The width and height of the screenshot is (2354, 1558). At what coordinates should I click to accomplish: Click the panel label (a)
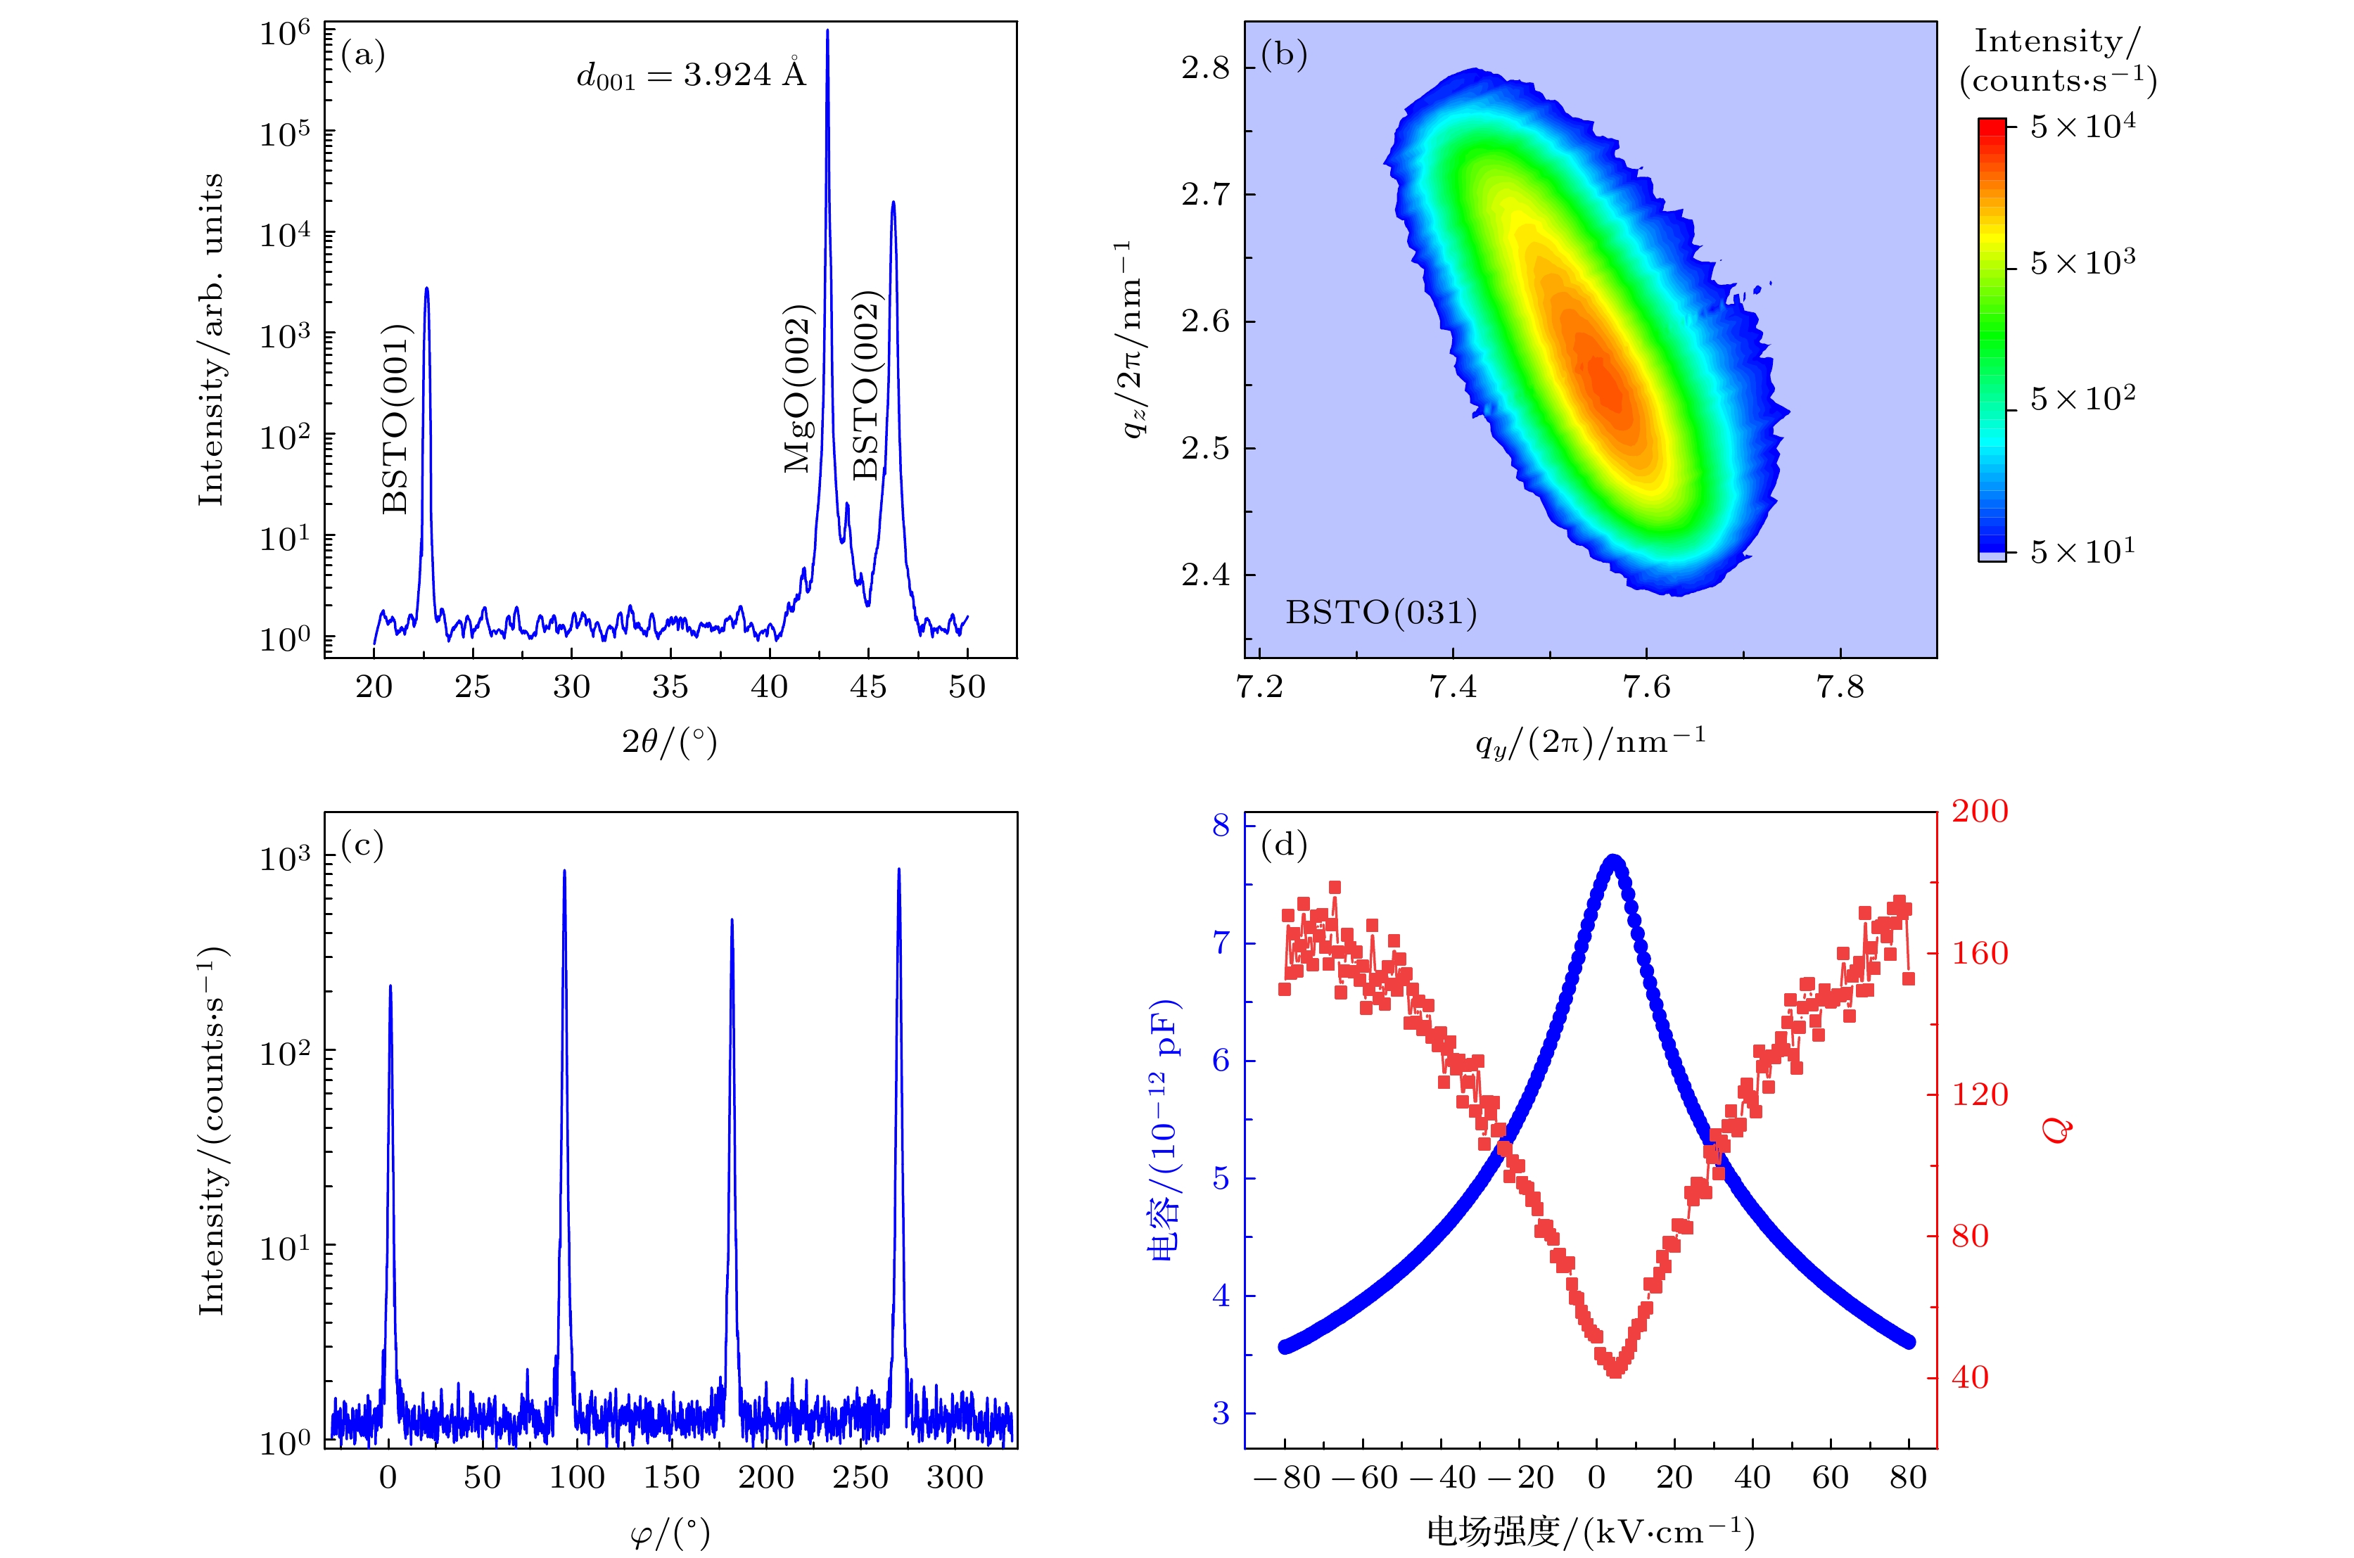pyautogui.click(x=363, y=55)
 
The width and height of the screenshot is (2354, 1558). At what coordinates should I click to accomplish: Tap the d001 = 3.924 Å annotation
pyautogui.click(x=691, y=75)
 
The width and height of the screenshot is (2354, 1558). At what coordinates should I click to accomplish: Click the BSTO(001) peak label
pyautogui.click(x=395, y=419)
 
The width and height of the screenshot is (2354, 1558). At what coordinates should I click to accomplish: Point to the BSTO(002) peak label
pyautogui.click(x=867, y=385)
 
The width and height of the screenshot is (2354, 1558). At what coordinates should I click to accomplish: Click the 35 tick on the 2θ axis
pyautogui.click(x=670, y=687)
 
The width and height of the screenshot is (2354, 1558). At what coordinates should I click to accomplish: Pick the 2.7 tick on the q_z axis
pyautogui.click(x=1204, y=195)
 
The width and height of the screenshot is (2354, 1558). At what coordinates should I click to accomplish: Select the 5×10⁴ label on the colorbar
pyautogui.click(x=2082, y=127)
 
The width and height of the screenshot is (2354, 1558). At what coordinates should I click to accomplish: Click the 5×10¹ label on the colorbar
pyautogui.click(x=2082, y=551)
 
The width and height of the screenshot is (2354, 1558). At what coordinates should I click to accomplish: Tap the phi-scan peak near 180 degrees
pyautogui.click(x=732, y=921)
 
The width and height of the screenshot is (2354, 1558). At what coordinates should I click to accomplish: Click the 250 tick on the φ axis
pyautogui.click(x=860, y=1478)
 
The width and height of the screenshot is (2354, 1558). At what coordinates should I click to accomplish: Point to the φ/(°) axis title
pyautogui.click(x=670, y=1533)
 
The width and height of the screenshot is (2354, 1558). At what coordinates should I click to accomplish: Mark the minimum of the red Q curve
pyautogui.click(x=1615, y=1369)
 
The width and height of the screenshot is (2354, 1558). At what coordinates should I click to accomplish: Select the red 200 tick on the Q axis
pyautogui.click(x=1980, y=812)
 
